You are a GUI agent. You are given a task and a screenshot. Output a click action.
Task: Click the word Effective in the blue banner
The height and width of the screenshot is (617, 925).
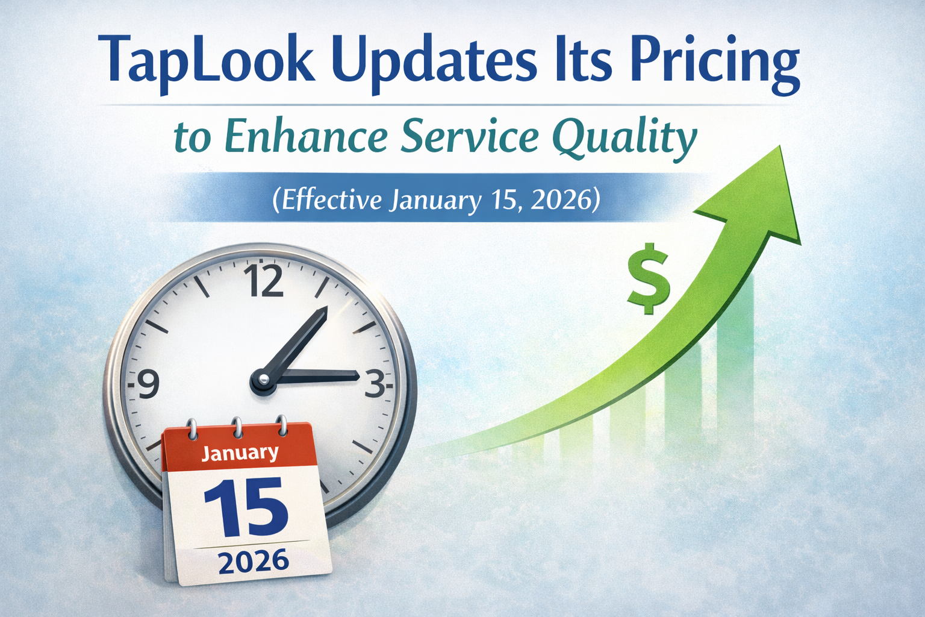pyautogui.click(x=326, y=201)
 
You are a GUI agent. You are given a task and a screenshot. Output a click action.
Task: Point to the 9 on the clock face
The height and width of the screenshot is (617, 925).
pyautogui.click(x=148, y=384)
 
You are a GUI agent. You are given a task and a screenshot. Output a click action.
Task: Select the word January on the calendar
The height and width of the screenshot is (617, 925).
pyautogui.click(x=240, y=453)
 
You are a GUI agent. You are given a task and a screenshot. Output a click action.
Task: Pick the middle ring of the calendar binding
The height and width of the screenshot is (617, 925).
pyautogui.click(x=237, y=427)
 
